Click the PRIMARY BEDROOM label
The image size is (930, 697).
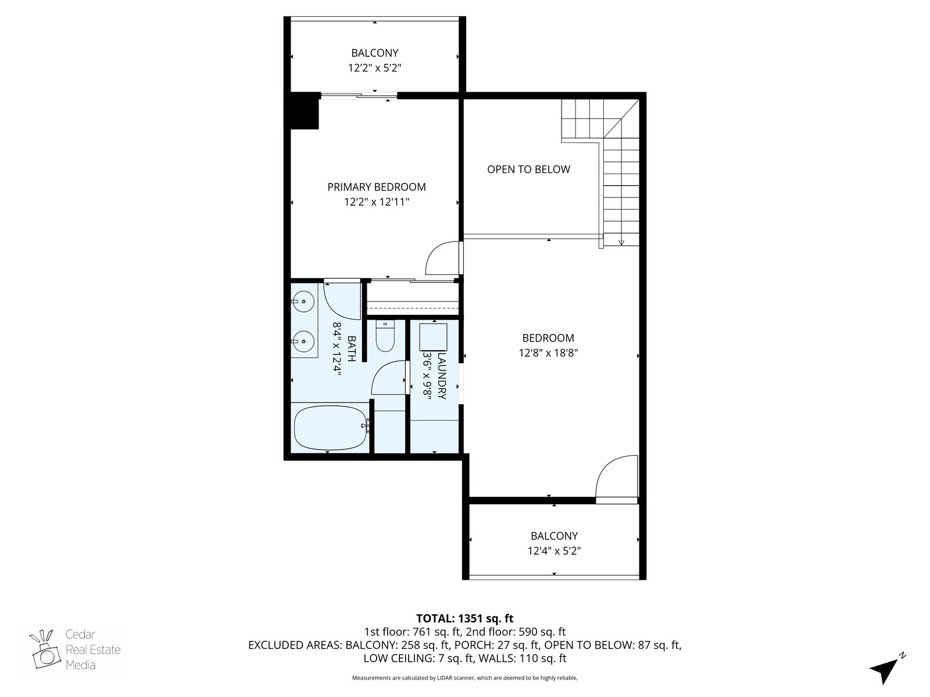376,186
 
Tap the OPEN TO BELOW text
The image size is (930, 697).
528,169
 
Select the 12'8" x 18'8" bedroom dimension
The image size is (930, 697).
548,353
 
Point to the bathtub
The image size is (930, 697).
331,428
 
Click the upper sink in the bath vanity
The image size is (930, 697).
303,301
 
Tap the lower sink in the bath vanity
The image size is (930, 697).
303,341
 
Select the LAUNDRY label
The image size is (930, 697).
442,375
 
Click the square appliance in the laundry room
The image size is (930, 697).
433,337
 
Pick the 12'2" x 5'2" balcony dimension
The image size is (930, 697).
374,68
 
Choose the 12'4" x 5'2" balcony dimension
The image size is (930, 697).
554,551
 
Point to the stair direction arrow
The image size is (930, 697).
621,242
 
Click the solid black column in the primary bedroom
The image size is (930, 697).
304,110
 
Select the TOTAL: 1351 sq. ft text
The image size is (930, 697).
464,618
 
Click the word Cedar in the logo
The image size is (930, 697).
80,634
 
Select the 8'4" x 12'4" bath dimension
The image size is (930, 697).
337,348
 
